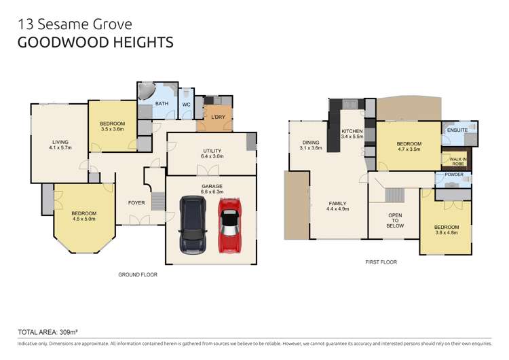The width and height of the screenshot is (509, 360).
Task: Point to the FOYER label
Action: [x=136, y=202]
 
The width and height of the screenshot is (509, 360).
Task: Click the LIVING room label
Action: [x=60, y=142]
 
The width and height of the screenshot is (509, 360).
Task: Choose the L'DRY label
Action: [x=218, y=118]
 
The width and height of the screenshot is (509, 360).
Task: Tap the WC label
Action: [x=186, y=105]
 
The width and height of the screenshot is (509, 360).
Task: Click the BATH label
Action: [x=162, y=104]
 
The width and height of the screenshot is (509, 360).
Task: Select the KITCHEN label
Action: [x=352, y=131]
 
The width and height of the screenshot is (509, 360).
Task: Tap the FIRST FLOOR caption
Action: [x=380, y=262]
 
